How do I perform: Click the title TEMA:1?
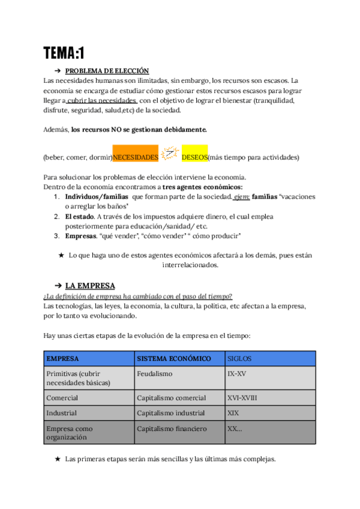(x=64, y=53)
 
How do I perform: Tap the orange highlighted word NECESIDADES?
(x=136, y=157)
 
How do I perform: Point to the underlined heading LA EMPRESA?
(x=90, y=285)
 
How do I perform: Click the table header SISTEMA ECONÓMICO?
(x=174, y=358)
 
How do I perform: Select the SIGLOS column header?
(x=239, y=358)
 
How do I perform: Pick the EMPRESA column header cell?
(x=62, y=358)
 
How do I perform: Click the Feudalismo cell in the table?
(x=155, y=373)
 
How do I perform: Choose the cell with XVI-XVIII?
(x=242, y=397)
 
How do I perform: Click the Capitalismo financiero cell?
(x=172, y=429)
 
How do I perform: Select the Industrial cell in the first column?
(x=62, y=413)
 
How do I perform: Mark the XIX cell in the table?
(x=233, y=413)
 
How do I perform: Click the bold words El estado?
(x=80, y=216)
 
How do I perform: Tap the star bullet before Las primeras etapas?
(x=58, y=459)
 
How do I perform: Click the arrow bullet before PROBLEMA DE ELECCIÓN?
(x=58, y=71)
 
